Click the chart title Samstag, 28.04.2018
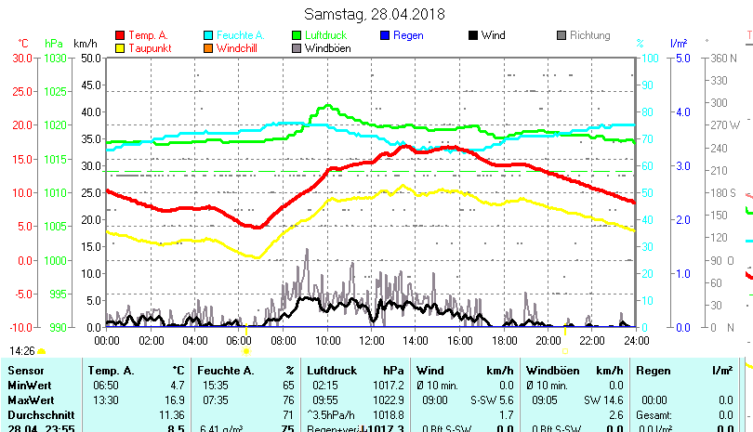pos(375,14)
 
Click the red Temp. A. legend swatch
pos(120,35)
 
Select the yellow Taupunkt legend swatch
pos(120,48)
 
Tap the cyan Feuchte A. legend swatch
pos(208,35)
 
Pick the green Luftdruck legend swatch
pos(297,35)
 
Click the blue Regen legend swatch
pos(385,35)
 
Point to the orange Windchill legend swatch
pos(208,48)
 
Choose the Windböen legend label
pos(327,48)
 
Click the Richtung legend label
pos(589,35)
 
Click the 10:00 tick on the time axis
pos(327,340)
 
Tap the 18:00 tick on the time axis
pos(503,340)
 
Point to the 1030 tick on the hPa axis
pos(56,58)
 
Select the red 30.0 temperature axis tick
pos(22,58)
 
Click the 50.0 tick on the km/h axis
pos(90,58)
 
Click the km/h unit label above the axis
pos(85,43)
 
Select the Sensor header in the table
pos(26,371)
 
